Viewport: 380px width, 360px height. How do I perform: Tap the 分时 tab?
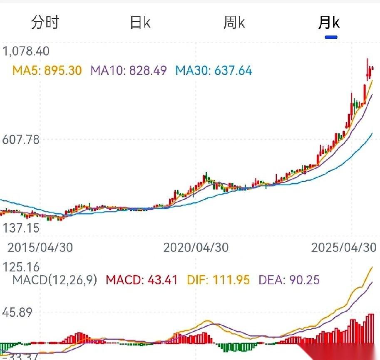(x=45, y=22)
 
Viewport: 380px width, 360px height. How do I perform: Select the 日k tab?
(x=140, y=22)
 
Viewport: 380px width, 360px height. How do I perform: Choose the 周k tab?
(x=234, y=22)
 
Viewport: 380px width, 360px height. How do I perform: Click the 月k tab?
(x=329, y=22)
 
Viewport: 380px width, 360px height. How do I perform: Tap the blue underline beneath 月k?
(x=331, y=37)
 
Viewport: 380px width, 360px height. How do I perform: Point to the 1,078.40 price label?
(x=26, y=51)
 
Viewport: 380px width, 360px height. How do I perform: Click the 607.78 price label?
(x=21, y=140)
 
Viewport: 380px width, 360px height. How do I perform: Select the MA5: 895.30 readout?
(x=47, y=71)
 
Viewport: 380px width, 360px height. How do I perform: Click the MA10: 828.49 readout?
(x=129, y=71)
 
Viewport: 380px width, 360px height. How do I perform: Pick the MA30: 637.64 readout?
(x=214, y=71)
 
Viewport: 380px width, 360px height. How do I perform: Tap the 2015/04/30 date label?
(x=40, y=247)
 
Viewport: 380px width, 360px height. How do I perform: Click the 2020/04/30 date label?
(x=196, y=247)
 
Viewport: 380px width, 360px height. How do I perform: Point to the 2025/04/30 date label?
(x=344, y=247)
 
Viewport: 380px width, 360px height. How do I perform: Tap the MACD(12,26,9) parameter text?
(x=55, y=280)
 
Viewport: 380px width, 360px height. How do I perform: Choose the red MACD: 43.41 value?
(x=142, y=280)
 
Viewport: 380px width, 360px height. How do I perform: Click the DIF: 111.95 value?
(x=218, y=280)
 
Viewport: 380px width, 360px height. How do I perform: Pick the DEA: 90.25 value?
(x=289, y=280)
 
